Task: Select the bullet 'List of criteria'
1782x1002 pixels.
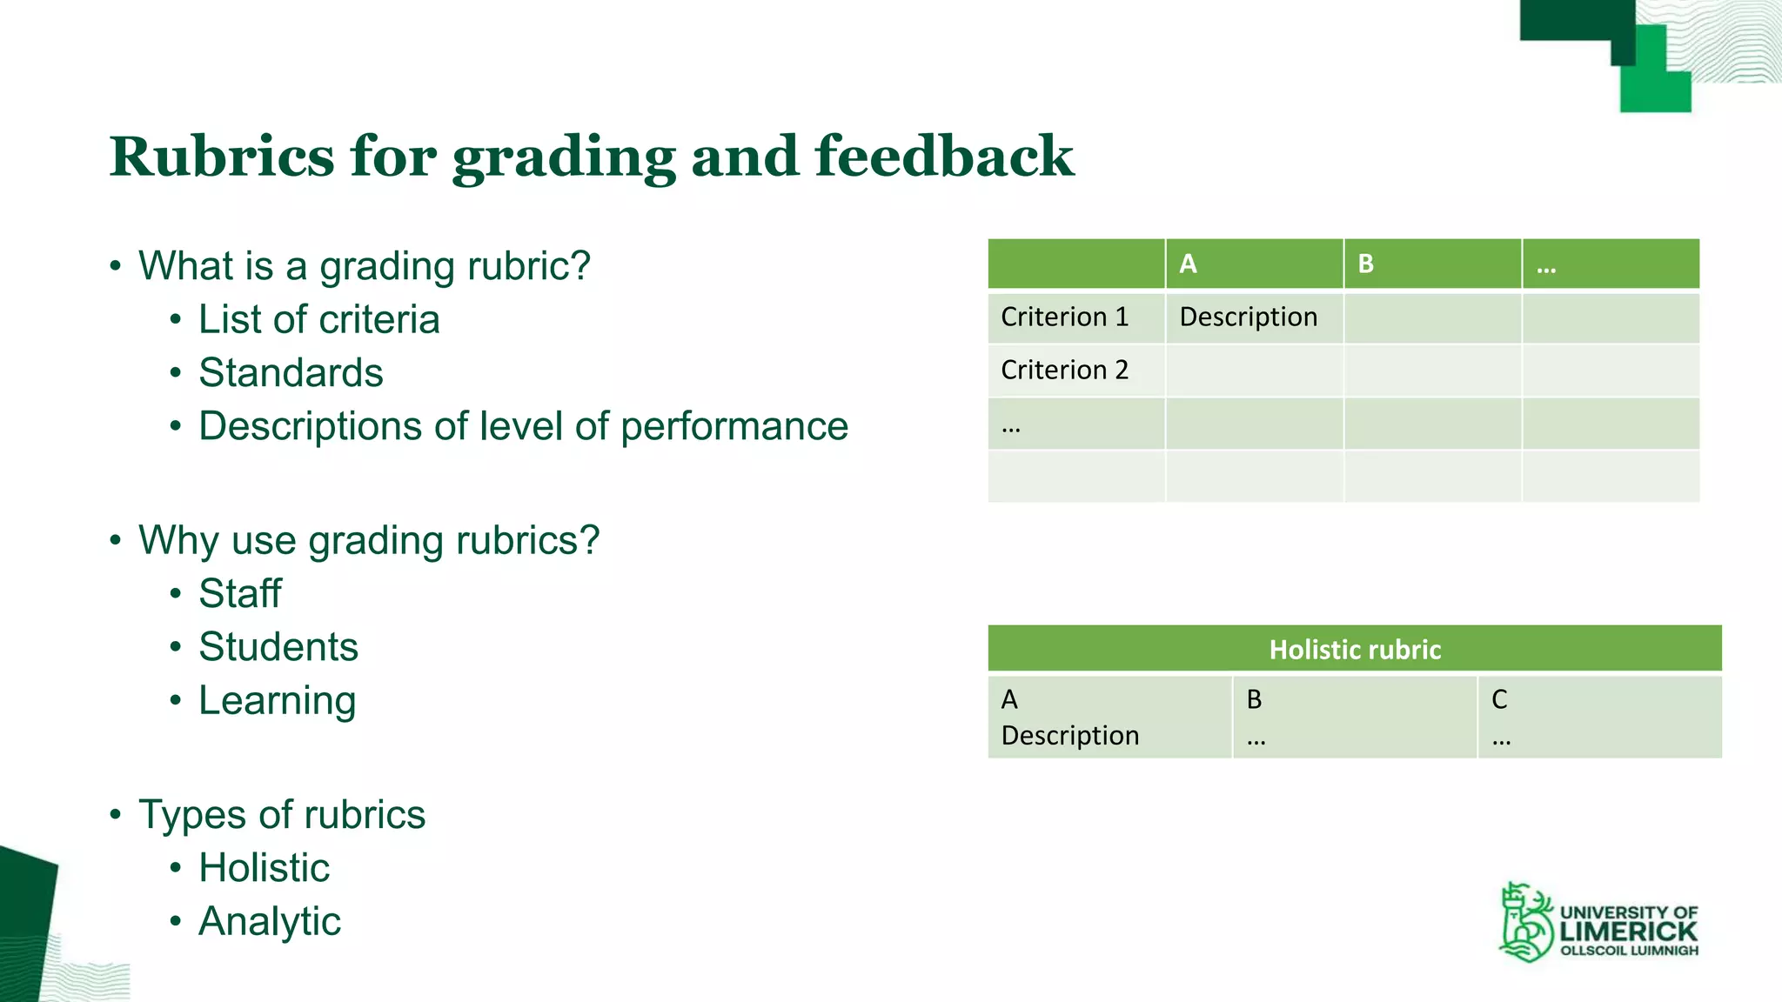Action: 318,319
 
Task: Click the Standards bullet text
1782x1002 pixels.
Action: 291,373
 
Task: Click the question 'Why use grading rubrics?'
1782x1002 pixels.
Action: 369,540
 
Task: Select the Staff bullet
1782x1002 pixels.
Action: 240,594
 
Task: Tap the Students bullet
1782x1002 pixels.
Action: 278,647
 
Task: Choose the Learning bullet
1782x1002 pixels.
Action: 277,701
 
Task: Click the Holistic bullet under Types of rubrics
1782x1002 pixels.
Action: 264,868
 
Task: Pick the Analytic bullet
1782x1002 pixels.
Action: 270,922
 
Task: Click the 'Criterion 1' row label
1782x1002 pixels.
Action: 1064,317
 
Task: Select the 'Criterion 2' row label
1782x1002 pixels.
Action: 1064,370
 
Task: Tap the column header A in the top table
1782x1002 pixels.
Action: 1188,264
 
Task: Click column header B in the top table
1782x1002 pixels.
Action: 1365,264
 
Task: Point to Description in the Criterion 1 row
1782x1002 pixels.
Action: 1248,317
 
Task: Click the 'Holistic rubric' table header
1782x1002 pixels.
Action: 1355,650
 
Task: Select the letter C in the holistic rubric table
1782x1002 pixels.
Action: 1499,699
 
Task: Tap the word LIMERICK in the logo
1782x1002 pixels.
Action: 1628,931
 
